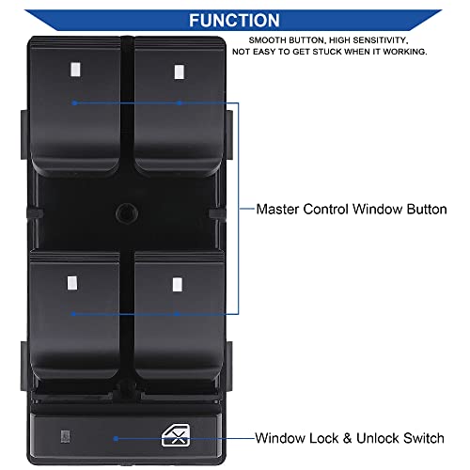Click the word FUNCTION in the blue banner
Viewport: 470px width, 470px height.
click(234, 21)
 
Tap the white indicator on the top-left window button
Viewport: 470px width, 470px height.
click(75, 70)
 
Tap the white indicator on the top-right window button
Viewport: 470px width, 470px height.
click(180, 71)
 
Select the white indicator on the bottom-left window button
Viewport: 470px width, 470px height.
click(72, 283)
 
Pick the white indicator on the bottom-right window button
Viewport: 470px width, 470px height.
click(178, 285)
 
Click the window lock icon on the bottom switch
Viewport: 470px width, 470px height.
click(176, 435)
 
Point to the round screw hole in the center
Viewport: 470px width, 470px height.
click(127, 213)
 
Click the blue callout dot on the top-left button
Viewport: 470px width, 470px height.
click(74, 102)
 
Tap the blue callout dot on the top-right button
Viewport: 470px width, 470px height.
click(179, 102)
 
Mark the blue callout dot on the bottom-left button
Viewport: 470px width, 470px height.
click(73, 314)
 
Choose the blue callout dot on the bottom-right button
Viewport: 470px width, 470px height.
click(177, 314)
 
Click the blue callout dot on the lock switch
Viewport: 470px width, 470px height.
click(116, 439)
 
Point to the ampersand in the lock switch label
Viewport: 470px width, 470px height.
click(347, 438)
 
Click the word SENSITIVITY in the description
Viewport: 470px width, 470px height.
click(381, 40)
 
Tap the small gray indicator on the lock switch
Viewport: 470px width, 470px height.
click(65, 436)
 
